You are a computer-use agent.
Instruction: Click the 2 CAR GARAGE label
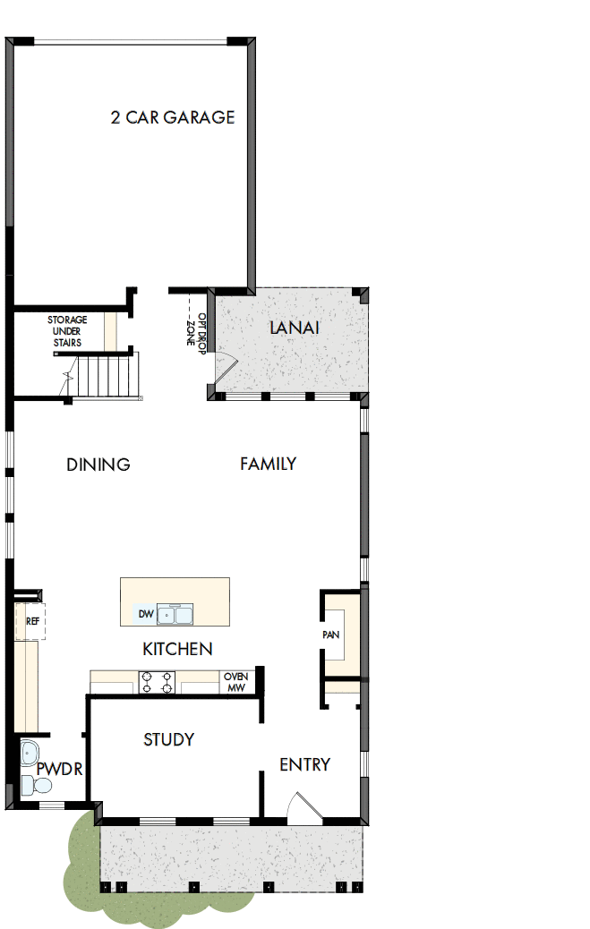[173, 117]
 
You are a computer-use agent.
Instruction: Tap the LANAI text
[295, 328]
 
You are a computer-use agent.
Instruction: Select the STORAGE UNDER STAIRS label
[64, 331]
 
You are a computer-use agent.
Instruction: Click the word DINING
[98, 464]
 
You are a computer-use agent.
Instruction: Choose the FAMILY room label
[268, 464]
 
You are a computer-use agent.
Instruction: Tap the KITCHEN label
[177, 649]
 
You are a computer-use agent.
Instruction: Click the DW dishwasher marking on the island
[145, 614]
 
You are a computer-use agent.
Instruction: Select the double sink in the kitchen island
[175, 614]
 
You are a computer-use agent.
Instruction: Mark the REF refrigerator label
[33, 620]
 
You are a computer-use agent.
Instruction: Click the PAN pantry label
[330, 635]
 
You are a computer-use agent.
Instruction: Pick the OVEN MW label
[235, 682]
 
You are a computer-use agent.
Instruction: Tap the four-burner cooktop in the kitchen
[157, 683]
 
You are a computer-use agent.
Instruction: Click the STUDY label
[169, 739]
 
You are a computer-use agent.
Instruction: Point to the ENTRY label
[304, 764]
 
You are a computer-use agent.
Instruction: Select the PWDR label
[60, 770]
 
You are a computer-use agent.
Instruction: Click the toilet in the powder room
[36, 786]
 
